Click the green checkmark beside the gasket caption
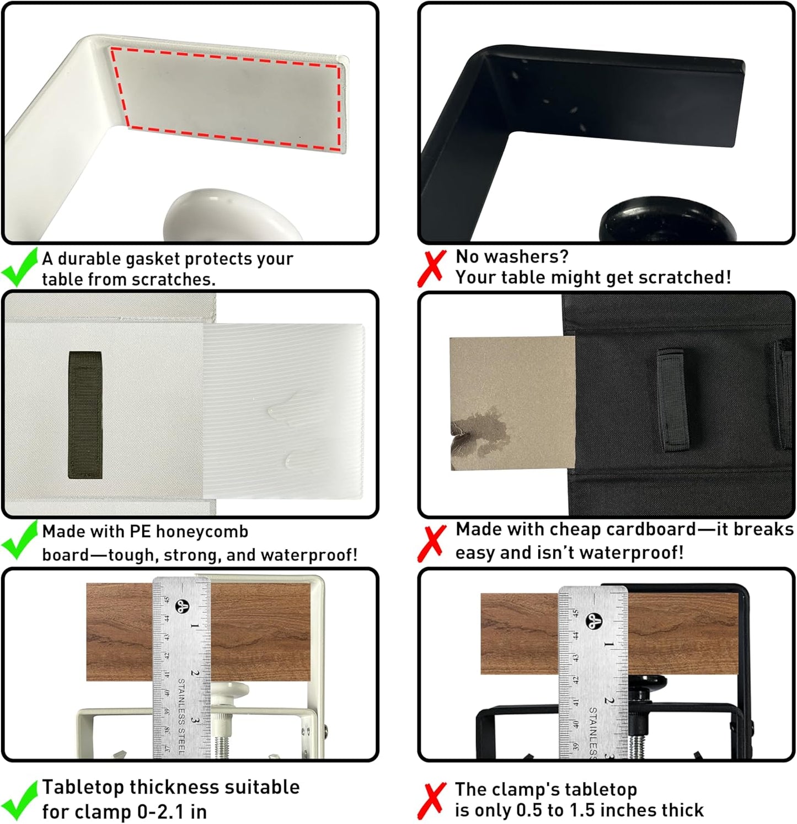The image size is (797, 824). click(20, 268)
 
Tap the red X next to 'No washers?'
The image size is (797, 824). click(431, 268)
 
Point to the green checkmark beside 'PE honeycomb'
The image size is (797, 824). click(20, 541)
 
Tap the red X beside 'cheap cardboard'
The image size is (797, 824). click(431, 542)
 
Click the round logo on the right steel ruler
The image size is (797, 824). click(593, 620)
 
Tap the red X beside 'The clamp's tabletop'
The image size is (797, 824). click(431, 801)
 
